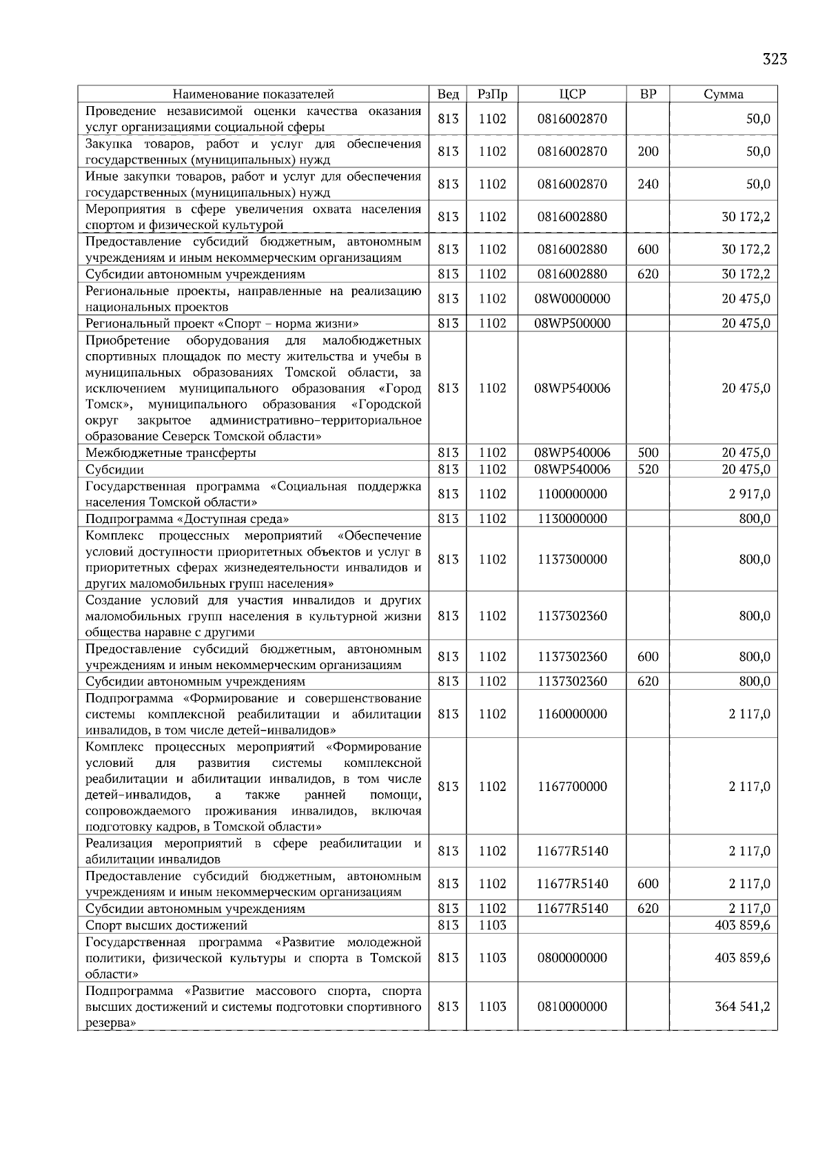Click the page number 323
click(x=775, y=59)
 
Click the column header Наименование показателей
click(x=253, y=94)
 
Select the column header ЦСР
click(x=572, y=94)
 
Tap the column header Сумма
click(x=723, y=94)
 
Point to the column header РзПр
click(x=492, y=94)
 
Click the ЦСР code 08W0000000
click(x=572, y=299)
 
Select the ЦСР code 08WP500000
click(x=572, y=324)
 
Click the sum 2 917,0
click(x=750, y=494)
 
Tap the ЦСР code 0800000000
click(x=572, y=958)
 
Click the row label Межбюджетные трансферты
click(x=171, y=453)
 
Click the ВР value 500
click(x=648, y=453)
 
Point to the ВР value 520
click(x=648, y=470)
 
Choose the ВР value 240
click(x=648, y=184)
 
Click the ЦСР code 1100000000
click(x=572, y=494)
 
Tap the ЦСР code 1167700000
click(x=572, y=787)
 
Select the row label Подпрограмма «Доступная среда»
click(x=187, y=519)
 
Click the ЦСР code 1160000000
click(x=572, y=714)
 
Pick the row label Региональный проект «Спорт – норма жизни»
click(x=222, y=324)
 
